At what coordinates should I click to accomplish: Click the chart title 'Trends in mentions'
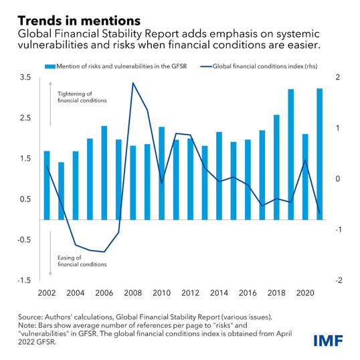click(x=79, y=21)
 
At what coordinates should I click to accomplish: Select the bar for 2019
click(x=291, y=155)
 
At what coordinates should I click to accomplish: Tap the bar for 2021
click(x=320, y=154)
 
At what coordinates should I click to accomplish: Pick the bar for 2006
click(x=104, y=173)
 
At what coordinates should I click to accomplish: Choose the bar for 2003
click(x=62, y=191)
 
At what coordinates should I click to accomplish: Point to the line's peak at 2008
click(x=133, y=83)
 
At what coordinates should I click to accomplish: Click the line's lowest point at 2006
click(x=104, y=252)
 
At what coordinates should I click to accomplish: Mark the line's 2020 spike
click(x=305, y=159)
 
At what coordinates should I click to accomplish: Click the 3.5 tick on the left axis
click(x=25, y=78)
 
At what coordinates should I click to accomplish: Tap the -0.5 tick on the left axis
click(x=24, y=240)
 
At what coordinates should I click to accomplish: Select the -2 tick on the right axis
click(x=339, y=280)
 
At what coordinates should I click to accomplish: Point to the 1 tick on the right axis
click(x=337, y=128)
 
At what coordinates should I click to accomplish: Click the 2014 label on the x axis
click(x=219, y=293)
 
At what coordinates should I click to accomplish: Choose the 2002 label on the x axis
click(x=47, y=293)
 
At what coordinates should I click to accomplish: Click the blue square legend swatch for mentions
click(x=50, y=67)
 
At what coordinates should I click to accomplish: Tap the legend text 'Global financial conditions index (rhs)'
click(x=265, y=66)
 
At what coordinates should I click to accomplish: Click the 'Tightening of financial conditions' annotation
click(x=82, y=97)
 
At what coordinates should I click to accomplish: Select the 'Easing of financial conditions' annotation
click(x=82, y=261)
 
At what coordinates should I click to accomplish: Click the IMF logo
click(x=329, y=341)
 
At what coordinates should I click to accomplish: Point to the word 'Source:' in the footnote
click(x=30, y=317)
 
